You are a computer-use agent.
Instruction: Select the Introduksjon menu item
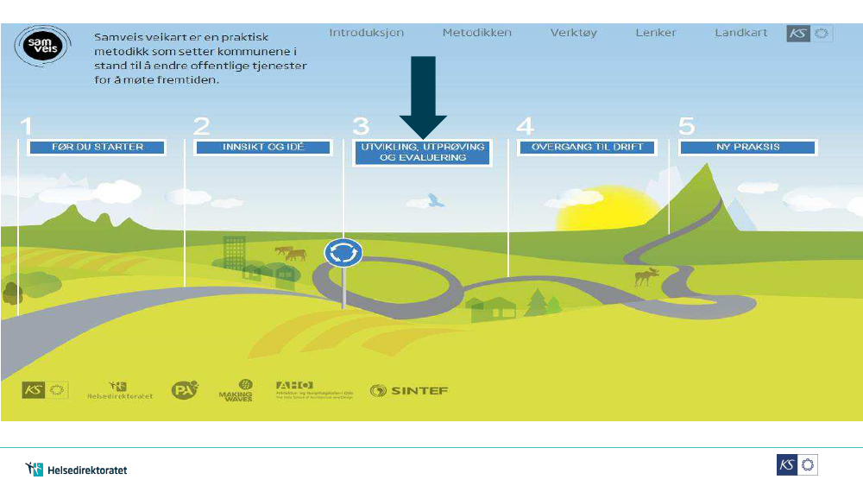(x=366, y=33)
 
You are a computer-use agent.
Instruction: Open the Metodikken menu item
(x=476, y=33)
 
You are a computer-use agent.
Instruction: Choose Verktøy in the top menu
(x=573, y=33)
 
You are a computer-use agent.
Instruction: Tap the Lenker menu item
(x=656, y=33)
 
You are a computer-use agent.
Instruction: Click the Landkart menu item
(x=740, y=33)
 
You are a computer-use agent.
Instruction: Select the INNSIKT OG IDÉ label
(x=263, y=148)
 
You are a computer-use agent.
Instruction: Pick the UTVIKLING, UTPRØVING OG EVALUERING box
(x=422, y=152)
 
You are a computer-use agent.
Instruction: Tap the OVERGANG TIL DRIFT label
(x=588, y=148)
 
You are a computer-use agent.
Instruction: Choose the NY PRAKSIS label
(x=747, y=148)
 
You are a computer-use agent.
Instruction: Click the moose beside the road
(x=646, y=277)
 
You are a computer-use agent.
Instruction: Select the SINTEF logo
(x=409, y=391)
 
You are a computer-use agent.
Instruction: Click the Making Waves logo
(x=235, y=391)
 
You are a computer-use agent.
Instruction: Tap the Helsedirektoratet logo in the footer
(x=76, y=470)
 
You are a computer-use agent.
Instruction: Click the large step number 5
(x=686, y=128)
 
